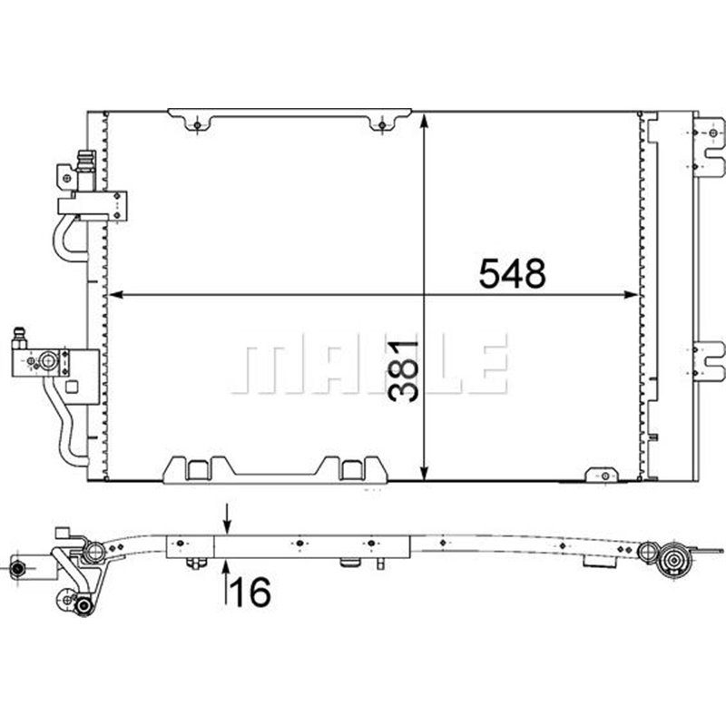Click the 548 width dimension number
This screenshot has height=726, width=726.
pos(513,272)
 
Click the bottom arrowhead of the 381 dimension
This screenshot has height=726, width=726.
pos(425,472)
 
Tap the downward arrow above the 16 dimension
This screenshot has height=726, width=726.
pos(226,526)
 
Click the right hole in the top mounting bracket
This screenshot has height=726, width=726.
pos(382,124)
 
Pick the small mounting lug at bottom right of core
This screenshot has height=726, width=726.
pos(600,473)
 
